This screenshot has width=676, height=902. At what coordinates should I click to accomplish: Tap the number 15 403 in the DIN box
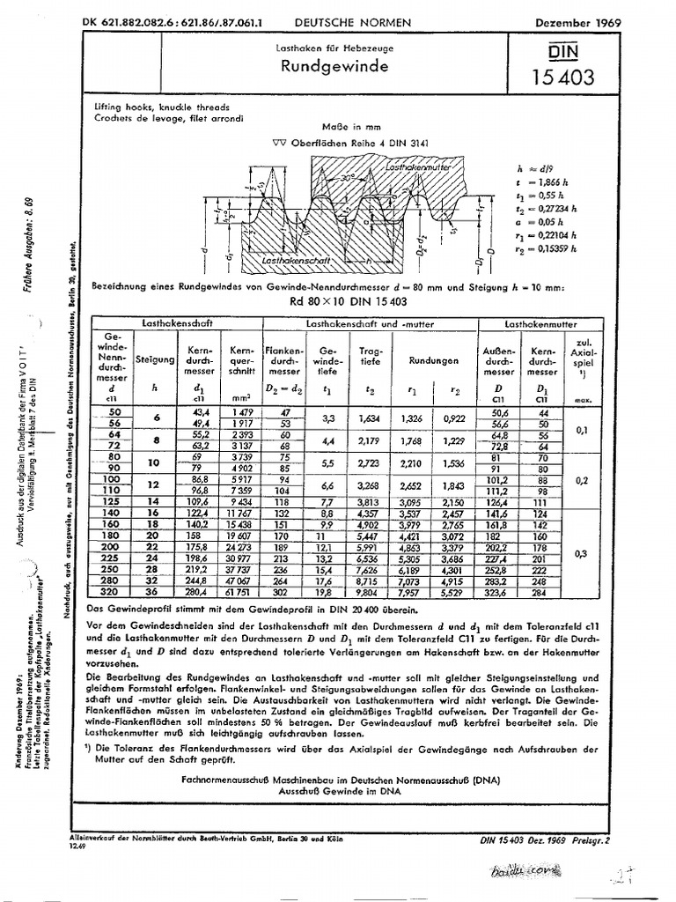[x=562, y=78]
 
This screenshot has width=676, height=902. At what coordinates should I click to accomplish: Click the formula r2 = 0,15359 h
[x=554, y=249]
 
